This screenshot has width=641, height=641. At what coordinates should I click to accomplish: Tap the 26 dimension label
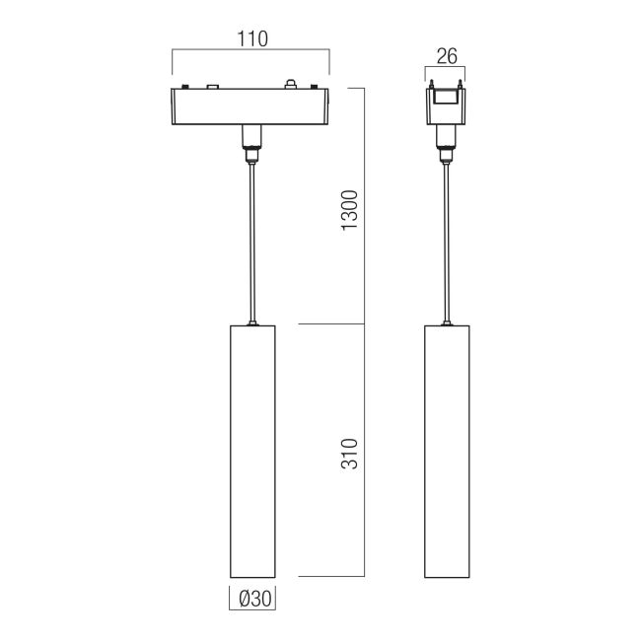point(447,56)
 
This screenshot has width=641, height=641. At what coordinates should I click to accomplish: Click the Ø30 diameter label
point(253,598)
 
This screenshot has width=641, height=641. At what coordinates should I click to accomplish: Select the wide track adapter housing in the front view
point(251,107)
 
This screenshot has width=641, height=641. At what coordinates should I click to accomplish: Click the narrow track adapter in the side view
point(447,107)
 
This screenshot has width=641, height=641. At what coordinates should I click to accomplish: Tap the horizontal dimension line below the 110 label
point(251,49)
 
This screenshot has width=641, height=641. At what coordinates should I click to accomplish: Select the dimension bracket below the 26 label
point(447,68)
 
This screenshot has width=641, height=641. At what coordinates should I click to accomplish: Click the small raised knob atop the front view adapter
point(290,83)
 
